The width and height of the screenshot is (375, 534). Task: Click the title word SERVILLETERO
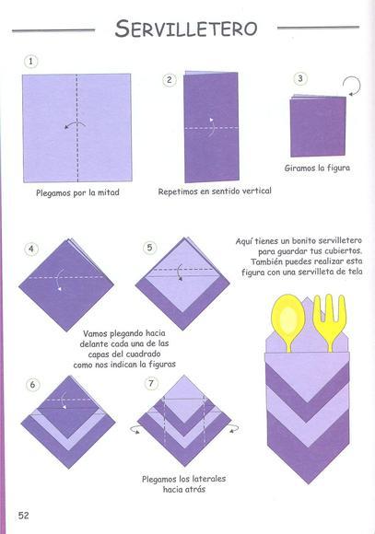186,29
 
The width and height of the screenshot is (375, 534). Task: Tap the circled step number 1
31,62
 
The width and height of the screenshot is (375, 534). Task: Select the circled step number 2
170,80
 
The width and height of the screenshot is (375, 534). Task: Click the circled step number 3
300,78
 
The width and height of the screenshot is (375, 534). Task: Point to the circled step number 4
31,249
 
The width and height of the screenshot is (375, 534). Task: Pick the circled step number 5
149,248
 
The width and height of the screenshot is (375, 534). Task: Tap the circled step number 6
32,385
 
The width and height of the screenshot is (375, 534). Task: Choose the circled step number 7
151,384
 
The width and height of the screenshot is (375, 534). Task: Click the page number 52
24,516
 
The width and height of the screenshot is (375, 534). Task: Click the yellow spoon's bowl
288,315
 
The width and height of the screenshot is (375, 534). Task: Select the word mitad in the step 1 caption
109,192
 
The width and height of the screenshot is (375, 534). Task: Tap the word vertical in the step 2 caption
257,191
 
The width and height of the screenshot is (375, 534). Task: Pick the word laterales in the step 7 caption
209,479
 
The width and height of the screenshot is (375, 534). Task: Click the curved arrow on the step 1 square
75,125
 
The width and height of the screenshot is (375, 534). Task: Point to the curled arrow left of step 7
135,429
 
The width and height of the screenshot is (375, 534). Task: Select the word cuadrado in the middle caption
143,354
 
